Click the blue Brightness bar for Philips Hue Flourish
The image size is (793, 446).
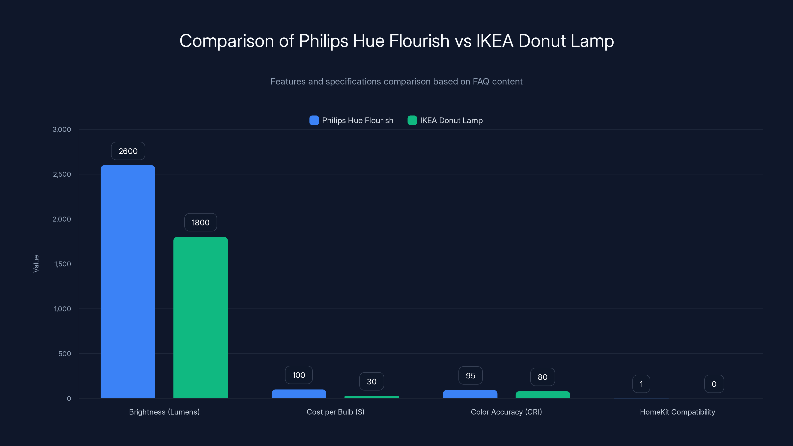(128, 282)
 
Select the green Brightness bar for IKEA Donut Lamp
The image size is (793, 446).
(200, 317)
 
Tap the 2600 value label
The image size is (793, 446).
(128, 151)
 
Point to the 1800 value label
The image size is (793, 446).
(200, 223)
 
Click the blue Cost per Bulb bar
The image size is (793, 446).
(299, 394)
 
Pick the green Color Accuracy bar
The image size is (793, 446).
(542, 395)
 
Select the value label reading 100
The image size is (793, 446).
(299, 375)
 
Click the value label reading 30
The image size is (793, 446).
(371, 382)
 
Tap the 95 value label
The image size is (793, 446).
(470, 376)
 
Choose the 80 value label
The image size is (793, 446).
(542, 377)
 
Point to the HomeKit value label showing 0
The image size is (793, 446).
(714, 384)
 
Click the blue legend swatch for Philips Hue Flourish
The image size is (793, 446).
(314, 120)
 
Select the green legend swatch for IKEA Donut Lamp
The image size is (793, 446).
(412, 120)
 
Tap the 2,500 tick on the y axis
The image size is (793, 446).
(62, 174)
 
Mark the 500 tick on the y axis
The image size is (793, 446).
(65, 354)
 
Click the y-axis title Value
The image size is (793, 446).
(36, 264)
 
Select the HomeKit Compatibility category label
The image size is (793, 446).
(677, 412)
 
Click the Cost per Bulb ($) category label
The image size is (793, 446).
(335, 412)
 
